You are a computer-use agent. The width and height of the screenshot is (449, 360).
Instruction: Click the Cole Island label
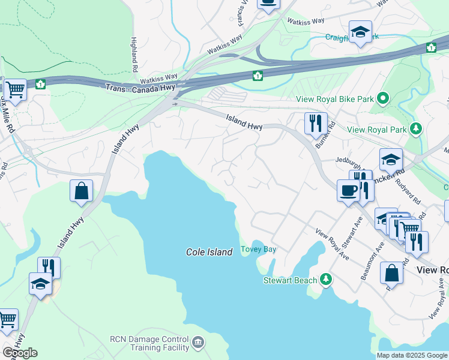click(209, 253)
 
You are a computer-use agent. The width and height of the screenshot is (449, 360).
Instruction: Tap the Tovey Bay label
click(258, 250)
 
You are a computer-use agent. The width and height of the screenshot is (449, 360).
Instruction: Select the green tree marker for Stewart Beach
click(325, 280)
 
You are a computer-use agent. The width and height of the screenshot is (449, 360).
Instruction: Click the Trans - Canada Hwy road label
click(141, 88)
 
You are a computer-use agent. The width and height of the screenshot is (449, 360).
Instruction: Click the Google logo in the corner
click(20, 353)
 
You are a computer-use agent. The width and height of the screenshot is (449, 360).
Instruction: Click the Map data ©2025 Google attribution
click(412, 355)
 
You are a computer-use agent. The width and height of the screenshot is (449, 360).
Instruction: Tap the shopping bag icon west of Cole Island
click(82, 191)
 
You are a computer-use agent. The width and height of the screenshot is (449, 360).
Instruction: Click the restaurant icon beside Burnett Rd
click(316, 124)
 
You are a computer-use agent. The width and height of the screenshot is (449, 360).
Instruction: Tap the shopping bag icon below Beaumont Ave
click(391, 273)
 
